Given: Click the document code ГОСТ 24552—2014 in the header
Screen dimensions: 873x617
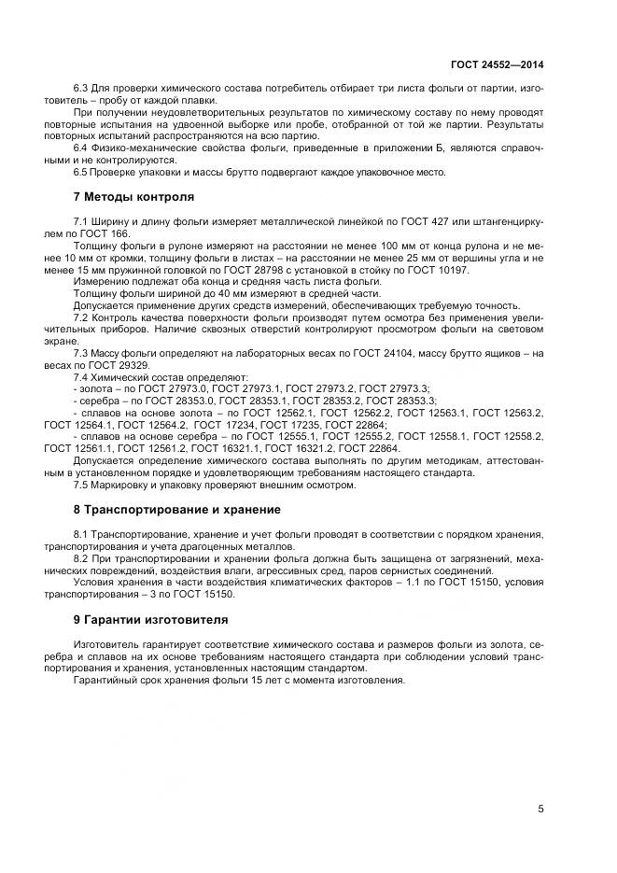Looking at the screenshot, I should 498,64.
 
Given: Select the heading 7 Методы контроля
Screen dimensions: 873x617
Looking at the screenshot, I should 133,198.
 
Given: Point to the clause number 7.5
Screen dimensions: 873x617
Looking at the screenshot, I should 81,485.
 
